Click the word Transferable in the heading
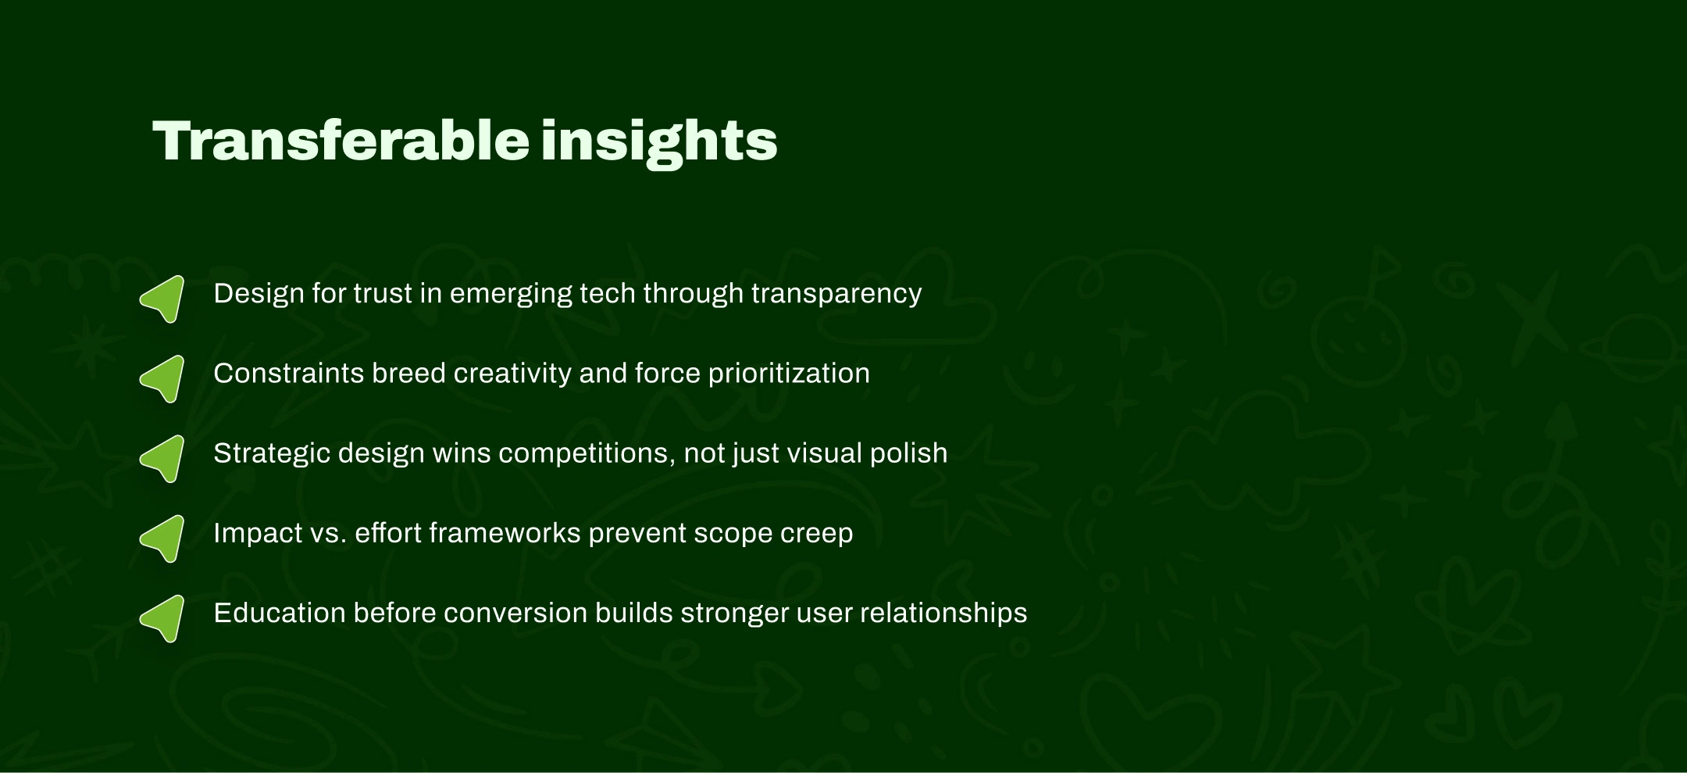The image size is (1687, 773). coord(341,141)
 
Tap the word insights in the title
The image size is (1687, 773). coord(659,143)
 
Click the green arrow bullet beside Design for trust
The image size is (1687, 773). coord(162,299)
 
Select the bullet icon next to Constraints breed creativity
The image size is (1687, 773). coord(162,378)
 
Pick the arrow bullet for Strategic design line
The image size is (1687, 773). coord(162,458)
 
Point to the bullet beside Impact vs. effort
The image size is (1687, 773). coord(162,538)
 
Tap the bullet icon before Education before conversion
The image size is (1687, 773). coord(162,618)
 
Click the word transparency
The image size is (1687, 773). coord(836,295)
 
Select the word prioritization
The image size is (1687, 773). coord(789,374)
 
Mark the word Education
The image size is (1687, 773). coord(280,613)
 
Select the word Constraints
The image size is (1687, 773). coord(289,374)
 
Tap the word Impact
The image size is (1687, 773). coord(248,534)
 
